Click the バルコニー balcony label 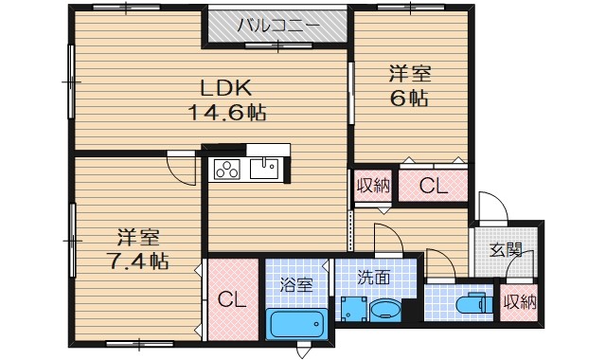pos(277,25)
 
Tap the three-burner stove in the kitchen pos(227,171)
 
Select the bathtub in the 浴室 pos(296,327)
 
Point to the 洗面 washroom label pos(375,279)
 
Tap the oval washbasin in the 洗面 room pos(385,310)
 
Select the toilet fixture pos(473,305)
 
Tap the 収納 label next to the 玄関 pos(520,303)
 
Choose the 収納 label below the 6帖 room pos(373,185)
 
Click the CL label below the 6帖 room pos(433,186)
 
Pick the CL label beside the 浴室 pos(233,301)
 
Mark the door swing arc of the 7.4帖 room pos(181,171)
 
